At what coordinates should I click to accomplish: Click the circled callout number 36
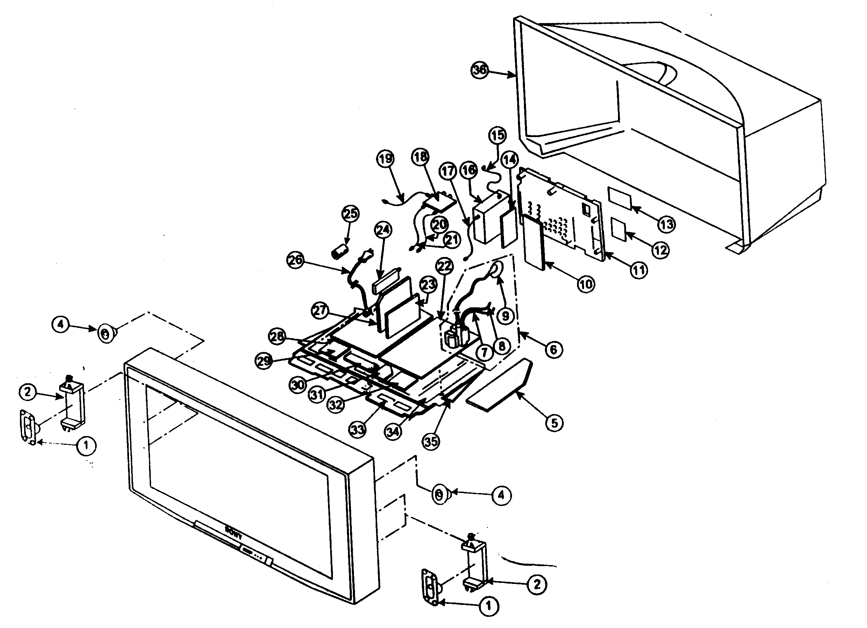point(479,70)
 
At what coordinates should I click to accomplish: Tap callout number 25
point(350,214)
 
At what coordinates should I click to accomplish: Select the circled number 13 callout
point(666,224)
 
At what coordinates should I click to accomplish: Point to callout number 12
point(661,251)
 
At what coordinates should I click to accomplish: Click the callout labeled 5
point(554,423)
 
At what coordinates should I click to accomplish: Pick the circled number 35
point(431,442)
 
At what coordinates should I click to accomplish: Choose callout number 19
point(385,158)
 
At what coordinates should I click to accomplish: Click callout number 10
point(586,284)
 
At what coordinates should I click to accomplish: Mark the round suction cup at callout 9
point(495,270)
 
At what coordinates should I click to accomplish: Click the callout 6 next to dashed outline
point(554,349)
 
